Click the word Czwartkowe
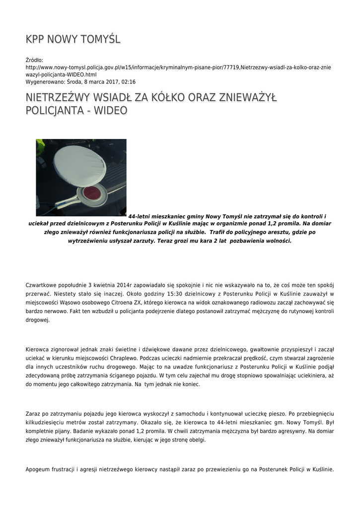(44, 285)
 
